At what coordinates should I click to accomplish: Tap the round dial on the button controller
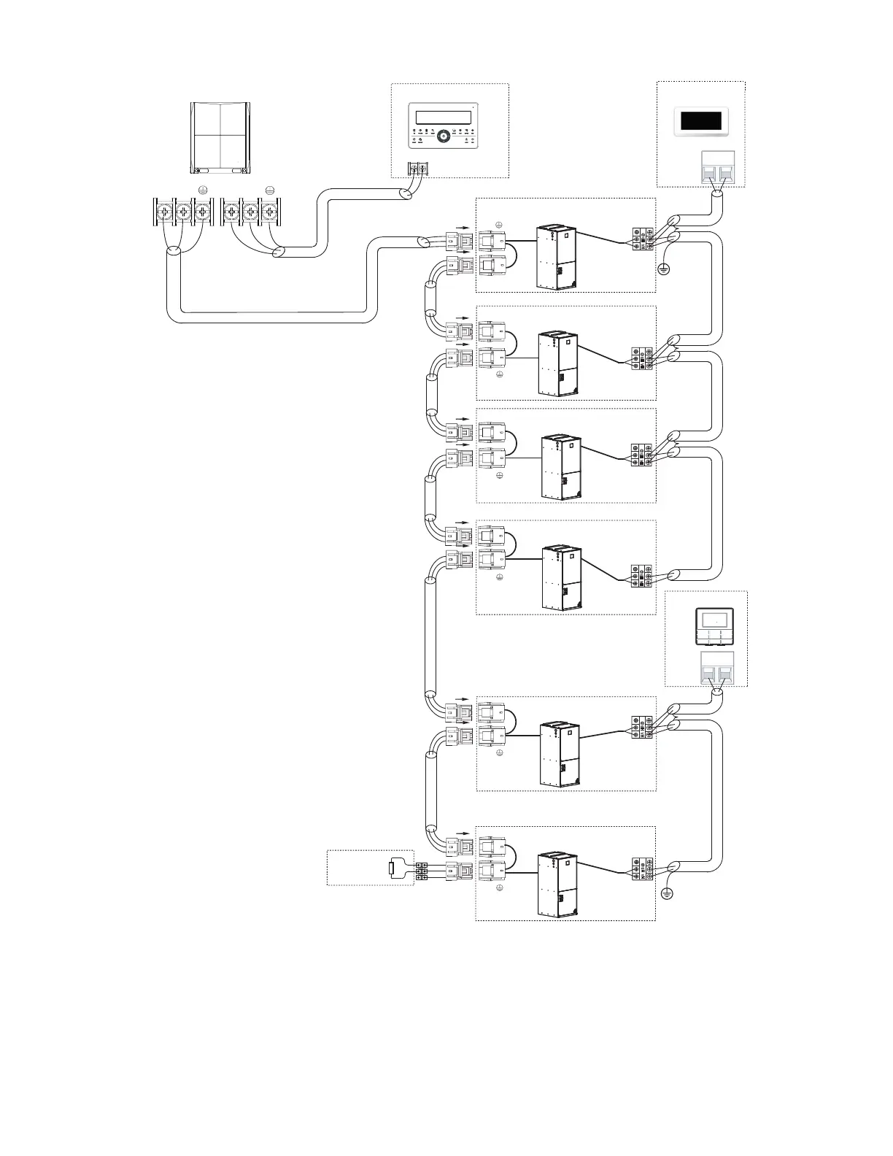[x=443, y=139]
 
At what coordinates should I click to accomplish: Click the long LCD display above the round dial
[x=442, y=117]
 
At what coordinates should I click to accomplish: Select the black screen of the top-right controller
[x=700, y=121]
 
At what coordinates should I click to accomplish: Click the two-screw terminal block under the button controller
[x=418, y=169]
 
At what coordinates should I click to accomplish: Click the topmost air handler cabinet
[x=557, y=258]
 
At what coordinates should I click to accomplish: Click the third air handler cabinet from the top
[x=563, y=467]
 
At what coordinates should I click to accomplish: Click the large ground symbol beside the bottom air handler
[x=665, y=893]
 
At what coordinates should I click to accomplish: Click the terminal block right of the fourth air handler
[x=642, y=577]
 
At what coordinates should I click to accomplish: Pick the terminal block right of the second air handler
[x=642, y=358]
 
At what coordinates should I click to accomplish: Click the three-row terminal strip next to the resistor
[x=422, y=871]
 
